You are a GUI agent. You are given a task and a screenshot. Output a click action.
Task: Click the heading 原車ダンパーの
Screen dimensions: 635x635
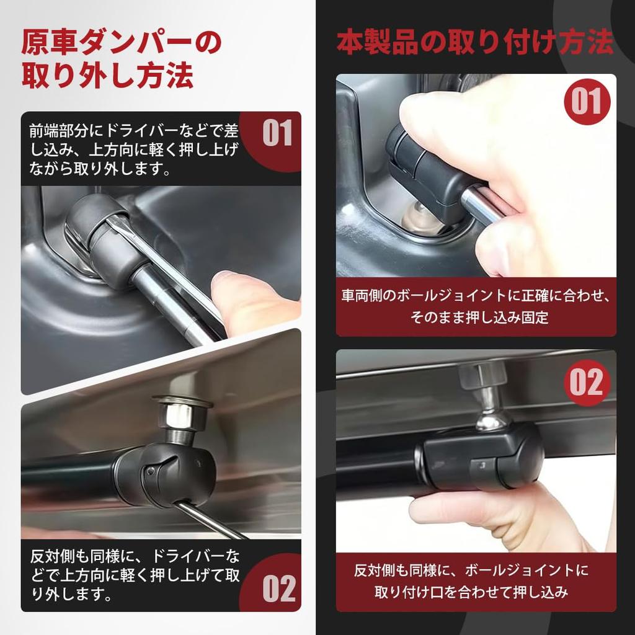[x=121, y=44]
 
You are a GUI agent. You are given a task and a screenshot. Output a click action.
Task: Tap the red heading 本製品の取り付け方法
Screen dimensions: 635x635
[x=475, y=43]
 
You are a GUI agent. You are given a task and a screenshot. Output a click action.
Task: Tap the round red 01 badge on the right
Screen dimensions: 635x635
[x=587, y=102]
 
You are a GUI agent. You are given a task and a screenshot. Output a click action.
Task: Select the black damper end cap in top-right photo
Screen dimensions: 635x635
[x=422, y=161]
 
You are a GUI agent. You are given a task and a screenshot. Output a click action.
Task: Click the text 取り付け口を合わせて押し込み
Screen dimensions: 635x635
[x=472, y=592]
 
